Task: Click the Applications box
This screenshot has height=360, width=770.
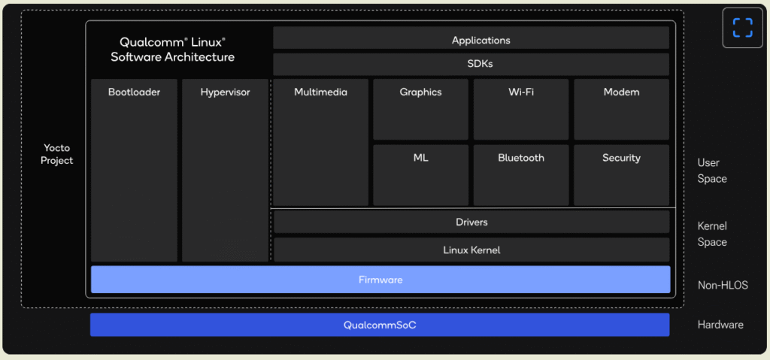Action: [x=471, y=38]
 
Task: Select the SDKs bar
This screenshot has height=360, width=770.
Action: [x=471, y=65]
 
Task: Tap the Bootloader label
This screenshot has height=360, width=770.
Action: [x=134, y=92]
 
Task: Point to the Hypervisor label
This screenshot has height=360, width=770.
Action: [x=225, y=92]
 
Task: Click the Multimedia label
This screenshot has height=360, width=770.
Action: [x=320, y=92]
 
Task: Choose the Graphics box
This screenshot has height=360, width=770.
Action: [x=421, y=110]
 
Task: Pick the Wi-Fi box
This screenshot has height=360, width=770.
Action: [x=521, y=110]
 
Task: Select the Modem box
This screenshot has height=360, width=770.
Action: [x=622, y=110]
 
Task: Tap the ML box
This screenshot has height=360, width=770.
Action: [x=421, y=175]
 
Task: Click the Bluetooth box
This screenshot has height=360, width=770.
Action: [x=521, y=175]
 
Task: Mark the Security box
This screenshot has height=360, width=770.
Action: [x=622, y=175]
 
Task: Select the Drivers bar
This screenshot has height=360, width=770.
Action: [x=471, y=222]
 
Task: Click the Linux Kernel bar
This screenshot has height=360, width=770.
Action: [x=471, y=250]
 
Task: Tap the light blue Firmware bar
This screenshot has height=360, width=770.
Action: [x=380, y=280]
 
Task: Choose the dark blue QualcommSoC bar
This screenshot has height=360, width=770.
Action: [x=380, y=325]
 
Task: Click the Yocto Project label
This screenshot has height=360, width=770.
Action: [x=57, y=154]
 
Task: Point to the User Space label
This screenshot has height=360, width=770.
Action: [x=712, y=171]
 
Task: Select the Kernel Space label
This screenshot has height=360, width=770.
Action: [x=712, y=234]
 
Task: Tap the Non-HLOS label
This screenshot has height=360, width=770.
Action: [x=723, y=285]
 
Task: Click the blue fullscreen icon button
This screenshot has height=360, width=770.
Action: [x=742, y=28]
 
